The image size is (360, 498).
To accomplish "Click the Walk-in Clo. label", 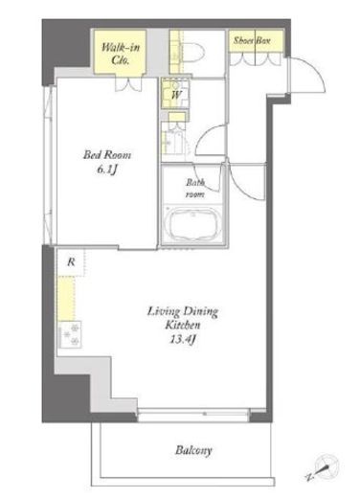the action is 121,54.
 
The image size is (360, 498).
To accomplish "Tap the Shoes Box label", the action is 252,40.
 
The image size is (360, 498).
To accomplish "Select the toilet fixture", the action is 191,53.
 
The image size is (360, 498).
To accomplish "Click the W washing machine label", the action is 176,95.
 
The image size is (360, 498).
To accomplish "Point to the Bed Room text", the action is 107,155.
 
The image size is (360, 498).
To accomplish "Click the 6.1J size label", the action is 107,170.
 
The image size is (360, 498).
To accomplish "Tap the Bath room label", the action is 195,188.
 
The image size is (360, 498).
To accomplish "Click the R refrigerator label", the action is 71,262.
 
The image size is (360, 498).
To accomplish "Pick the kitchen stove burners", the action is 69,334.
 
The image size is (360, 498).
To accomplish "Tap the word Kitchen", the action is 183,326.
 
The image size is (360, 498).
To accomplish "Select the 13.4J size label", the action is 182,340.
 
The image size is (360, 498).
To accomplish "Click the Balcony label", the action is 193,450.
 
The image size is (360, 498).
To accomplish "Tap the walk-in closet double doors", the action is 128,84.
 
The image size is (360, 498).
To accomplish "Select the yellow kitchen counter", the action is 66,299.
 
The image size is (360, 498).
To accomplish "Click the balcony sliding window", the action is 193,414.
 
